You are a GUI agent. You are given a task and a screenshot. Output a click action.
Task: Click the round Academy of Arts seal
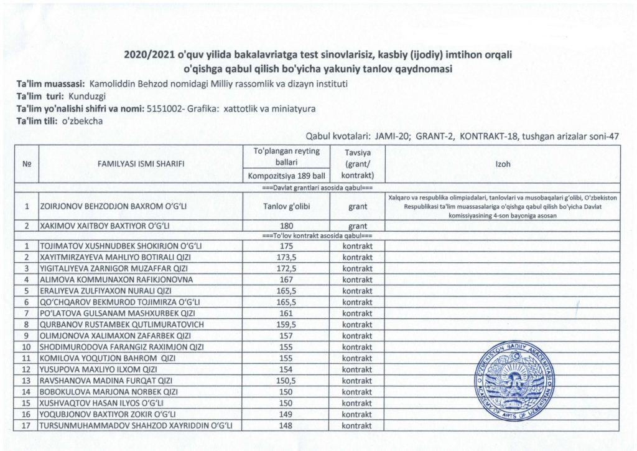(x=514, y=384)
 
